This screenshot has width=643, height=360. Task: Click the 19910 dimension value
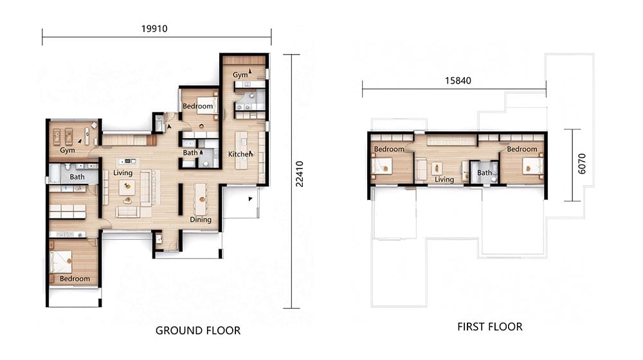pos(154,29)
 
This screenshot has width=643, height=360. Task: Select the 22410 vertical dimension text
pos(300,174)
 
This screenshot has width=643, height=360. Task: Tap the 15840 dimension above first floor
pos(458,81)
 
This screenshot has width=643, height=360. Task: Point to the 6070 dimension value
pos(582,163)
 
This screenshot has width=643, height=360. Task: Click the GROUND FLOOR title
pos(198,330)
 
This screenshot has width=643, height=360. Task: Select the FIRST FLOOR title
pos(490,327)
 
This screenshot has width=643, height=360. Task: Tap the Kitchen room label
pos(240,154)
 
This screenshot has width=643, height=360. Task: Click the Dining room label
pos(201,220)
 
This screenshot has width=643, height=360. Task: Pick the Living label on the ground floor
pos(123,173)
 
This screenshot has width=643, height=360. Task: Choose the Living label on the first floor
pos(444,179)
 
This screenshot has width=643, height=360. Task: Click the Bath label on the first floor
pos(484,173)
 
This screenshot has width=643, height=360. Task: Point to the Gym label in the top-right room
pos(240,75)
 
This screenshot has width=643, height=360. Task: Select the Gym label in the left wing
pos(68,150)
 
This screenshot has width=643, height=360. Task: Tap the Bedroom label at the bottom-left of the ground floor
pos(75,279)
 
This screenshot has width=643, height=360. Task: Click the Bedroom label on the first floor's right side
pos(522,149)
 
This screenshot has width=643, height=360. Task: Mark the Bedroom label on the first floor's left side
pos(389,149)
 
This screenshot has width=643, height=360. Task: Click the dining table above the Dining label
pos(201,199)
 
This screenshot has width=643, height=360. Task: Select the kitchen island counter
pos(242,150)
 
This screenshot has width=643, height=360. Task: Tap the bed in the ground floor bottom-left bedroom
pos(60,262)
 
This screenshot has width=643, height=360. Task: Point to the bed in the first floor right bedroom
pos(532,167)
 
